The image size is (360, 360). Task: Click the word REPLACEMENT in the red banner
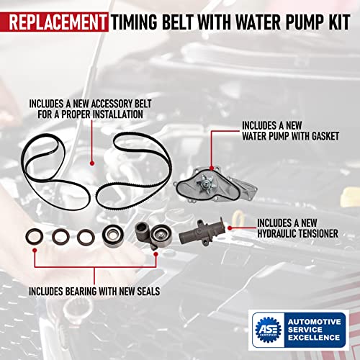point(55,18)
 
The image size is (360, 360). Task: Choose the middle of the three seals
point(60,235)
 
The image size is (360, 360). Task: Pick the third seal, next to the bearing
point(86,235)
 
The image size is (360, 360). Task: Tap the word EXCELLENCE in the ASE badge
point(314,338)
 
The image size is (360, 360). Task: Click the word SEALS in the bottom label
point(148,292)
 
